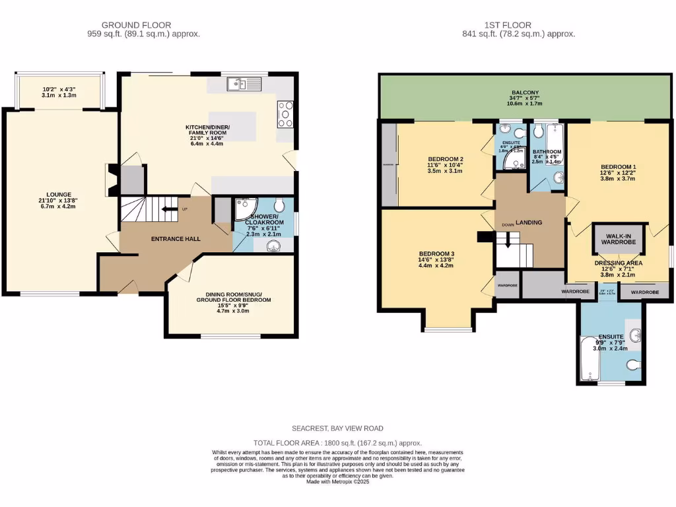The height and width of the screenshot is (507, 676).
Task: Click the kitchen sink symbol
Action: pyautogui.click(x=244, y=84)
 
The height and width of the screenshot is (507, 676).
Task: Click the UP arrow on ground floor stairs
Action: pyautogui.click(x=168, y=211)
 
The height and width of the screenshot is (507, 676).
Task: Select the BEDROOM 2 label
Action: pyautogui.click(x=445, y=159)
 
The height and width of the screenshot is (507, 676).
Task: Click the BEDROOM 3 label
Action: pyautogui.click(x=436, y=253)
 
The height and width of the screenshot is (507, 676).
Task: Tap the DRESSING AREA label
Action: pyautogui.click(x=619, y=263)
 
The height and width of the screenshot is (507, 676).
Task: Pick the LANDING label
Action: pyautogui.click(x=529, y=222)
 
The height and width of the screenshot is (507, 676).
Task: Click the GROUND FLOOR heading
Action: pyautogui.click(x=136, y=25)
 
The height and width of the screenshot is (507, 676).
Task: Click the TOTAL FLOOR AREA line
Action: pyautogui.click(x=338, y=443)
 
